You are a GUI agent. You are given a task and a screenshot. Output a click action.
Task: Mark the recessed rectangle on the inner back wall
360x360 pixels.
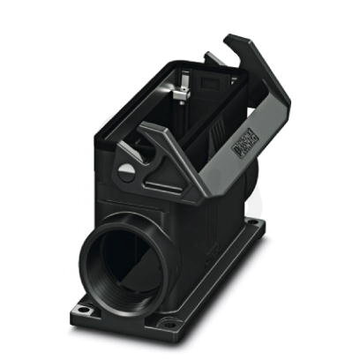coord(212,88)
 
